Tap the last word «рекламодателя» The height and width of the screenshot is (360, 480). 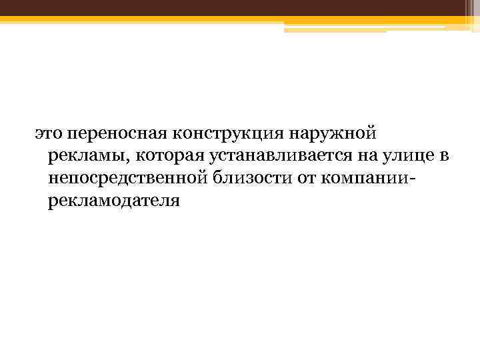coord(114,200)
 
